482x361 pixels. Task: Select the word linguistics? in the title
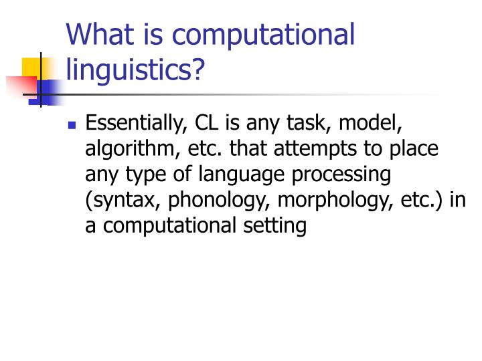coord(135,69)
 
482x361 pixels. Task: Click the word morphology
coord(329,201)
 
